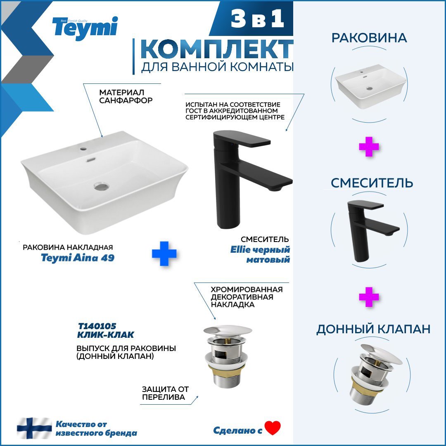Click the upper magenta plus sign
pyautogui.click(x=369, y=147)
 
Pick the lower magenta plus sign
pyautogui.click(x=369, y=297)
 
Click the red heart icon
pyautogui.click(x=273, y=428)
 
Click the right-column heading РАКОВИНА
pyautogui.click(x=369, y=38)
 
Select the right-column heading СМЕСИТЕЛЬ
pyautogui.click(x=371, y=183)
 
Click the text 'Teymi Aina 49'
pyautogui.click(x=78, y=258)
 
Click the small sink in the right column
pyautogui.click(x=369, y=89)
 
